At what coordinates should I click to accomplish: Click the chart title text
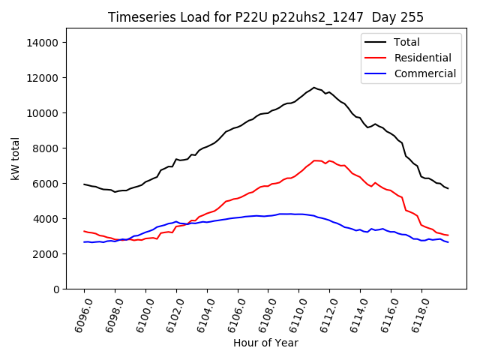[265, 17]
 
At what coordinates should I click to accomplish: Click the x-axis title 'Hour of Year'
[265, 343]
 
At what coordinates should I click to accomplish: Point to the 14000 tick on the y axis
[43, 43]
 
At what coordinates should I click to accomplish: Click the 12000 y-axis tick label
[43, 78]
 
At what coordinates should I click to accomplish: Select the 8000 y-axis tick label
[46, 148]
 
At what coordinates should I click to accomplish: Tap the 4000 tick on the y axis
[46, 219]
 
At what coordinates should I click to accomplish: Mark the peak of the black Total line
[314, 88]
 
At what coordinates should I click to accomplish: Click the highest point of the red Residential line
[316, 160]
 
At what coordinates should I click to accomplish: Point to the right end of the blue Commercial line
[448, 242]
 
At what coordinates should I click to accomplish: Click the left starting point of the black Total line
[84, 184]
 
